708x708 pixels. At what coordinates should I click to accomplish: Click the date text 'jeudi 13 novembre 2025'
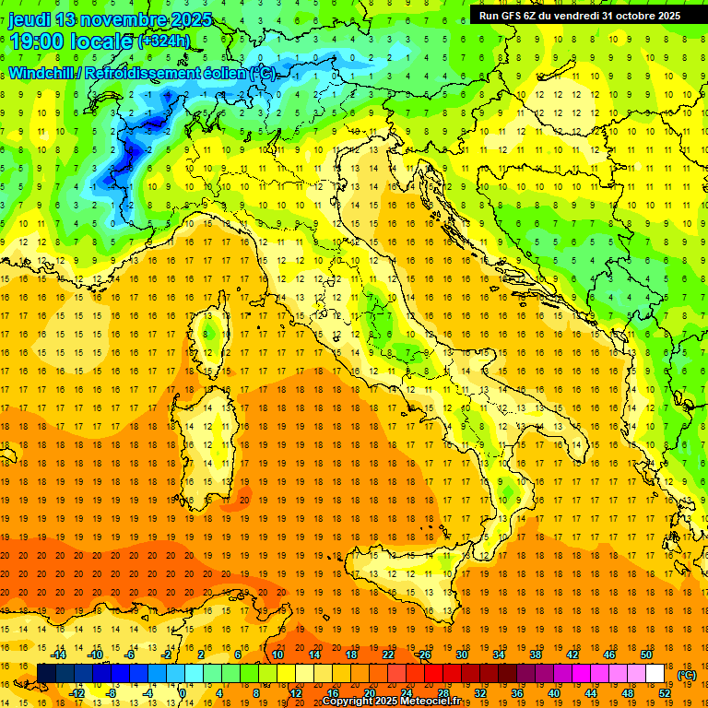(110, 19)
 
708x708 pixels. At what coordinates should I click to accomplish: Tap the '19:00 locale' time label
(72, 41)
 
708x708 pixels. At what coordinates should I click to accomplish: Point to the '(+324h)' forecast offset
(164, 41)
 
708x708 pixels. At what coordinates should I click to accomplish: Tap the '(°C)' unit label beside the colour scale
(687, 675)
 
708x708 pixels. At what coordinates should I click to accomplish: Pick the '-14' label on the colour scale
(58, 655)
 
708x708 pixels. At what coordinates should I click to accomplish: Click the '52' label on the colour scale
(665, 692)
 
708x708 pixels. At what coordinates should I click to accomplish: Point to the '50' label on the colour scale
(646, 655)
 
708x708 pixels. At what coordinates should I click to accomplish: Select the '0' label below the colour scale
(182, 692)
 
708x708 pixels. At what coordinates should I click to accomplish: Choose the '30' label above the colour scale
(461, 655)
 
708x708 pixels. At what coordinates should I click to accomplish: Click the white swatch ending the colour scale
(655, 674)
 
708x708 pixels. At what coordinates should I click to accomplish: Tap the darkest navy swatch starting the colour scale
(46, 674)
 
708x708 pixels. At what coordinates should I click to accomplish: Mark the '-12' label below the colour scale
(77, 692)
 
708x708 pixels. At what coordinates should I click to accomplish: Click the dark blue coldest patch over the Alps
(136, 147)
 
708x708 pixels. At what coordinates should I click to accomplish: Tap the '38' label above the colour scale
(535, 655)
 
